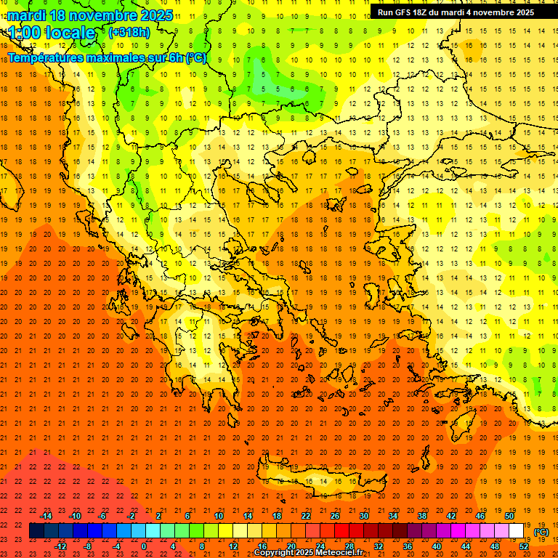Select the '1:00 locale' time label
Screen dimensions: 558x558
click(52, 33)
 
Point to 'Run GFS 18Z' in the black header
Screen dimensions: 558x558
click(404, 12)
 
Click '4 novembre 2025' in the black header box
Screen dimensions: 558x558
click(501, 12)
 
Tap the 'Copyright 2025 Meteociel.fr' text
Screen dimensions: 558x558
click(308, 553)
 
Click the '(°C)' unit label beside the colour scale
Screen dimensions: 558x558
click(541, 532)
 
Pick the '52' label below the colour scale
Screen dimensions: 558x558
click(524, 546)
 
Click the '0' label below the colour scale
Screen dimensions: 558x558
click(145, 546)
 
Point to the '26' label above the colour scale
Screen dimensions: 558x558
click(335, 516)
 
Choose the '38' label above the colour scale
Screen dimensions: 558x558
click(421, 516)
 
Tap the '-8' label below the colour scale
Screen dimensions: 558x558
click(88, 546)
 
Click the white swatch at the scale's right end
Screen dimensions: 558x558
click(517, 531)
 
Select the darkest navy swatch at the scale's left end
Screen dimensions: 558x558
click(36, 531)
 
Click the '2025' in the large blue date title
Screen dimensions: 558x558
click(155, 15)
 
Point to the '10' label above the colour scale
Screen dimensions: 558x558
click(219, 516)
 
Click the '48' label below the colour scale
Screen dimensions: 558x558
click(495, 546)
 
